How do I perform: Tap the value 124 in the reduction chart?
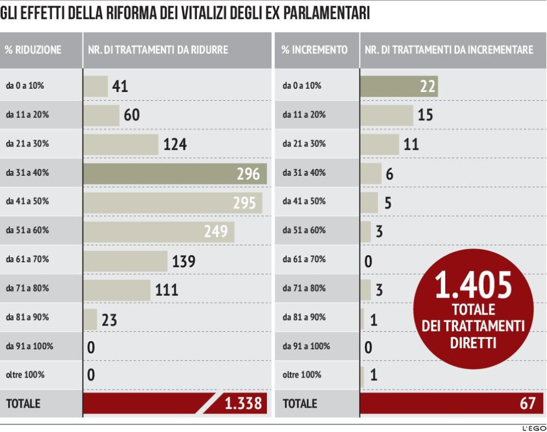coord(175,144)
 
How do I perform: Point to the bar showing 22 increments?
coord(398,86)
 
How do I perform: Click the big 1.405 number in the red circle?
coord(473,285)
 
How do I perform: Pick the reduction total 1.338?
coord(242,403)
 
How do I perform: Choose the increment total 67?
coord(527,403)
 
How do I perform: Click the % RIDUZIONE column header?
coord(33,50)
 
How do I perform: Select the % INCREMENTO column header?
coord(314,50)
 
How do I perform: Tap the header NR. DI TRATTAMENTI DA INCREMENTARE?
coord(449,50)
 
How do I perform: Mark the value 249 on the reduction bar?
coord(216,231)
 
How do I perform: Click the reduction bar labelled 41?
coord(96,86)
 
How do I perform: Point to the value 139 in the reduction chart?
coord(183,261)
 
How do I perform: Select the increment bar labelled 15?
coord(386,115)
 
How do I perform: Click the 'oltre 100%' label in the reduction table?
coord(25,375)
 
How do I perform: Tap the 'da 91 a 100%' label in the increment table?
coord(306,346)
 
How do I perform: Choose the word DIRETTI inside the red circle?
coord(473,343)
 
